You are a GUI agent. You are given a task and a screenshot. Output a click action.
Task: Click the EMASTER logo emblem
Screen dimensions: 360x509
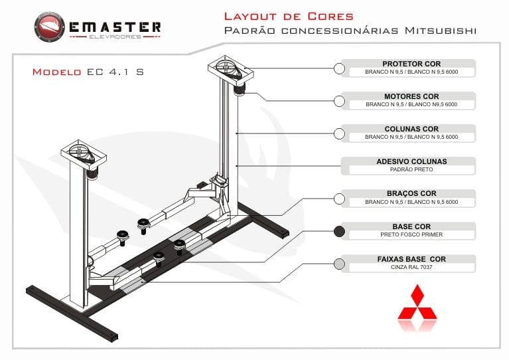50,28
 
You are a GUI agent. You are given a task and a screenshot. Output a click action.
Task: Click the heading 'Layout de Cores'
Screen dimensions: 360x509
288,16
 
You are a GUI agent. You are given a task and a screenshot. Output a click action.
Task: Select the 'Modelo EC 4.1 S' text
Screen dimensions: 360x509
88,72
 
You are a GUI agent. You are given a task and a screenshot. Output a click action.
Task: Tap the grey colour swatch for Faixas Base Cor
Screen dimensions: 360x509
339,264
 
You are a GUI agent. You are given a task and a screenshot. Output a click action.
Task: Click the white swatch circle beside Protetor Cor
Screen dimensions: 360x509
339,68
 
